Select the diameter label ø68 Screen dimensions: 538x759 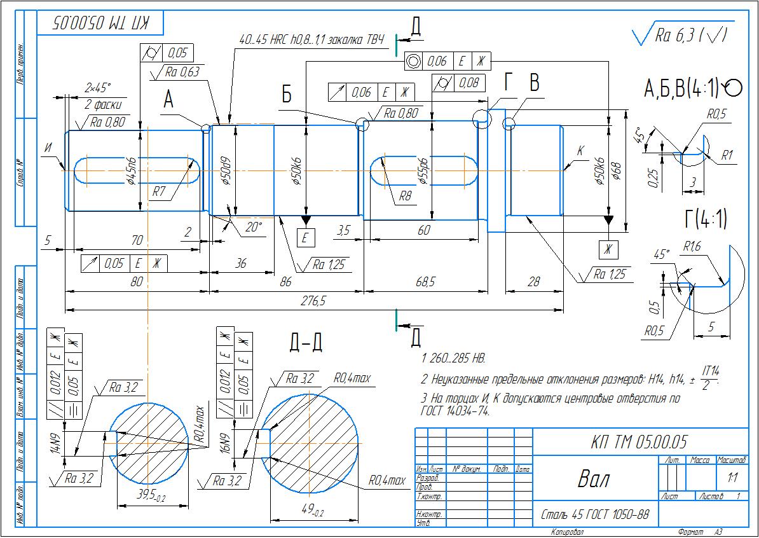(615, 171)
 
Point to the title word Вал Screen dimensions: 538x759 (593, 478)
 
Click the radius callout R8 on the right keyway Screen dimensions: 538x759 (405, 197)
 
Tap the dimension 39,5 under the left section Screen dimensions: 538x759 (152, 496)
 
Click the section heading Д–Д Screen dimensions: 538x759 (306, 343)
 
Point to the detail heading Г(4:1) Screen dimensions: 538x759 (706, 219)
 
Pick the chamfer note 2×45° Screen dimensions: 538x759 (97, 87)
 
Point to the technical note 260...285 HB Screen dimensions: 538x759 (458, 359)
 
